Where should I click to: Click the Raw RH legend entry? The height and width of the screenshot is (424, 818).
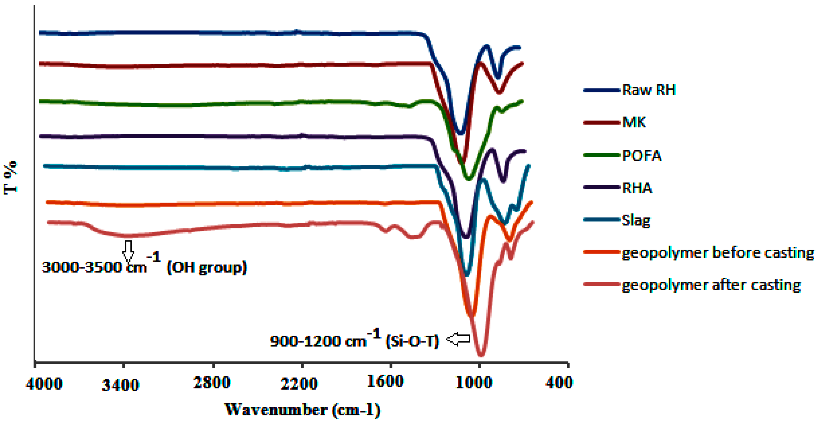pos(648,90)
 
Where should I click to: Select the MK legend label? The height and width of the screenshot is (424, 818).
pos(634,122)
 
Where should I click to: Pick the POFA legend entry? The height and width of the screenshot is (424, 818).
pos(642,156)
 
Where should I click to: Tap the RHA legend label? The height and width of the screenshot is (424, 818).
pos(637,188)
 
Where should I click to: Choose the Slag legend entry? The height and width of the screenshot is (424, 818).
pos(636,220)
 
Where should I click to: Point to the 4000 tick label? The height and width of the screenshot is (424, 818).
pos(44,384)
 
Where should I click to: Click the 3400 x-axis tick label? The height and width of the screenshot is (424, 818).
pos(120,385)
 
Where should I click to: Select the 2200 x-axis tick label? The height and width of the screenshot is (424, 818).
pos(299,384)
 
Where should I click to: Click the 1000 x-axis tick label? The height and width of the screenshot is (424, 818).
pos(474,382)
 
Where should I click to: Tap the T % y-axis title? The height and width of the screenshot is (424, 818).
pos(10,178)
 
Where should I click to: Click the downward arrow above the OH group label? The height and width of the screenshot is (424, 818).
pos(128,251)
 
